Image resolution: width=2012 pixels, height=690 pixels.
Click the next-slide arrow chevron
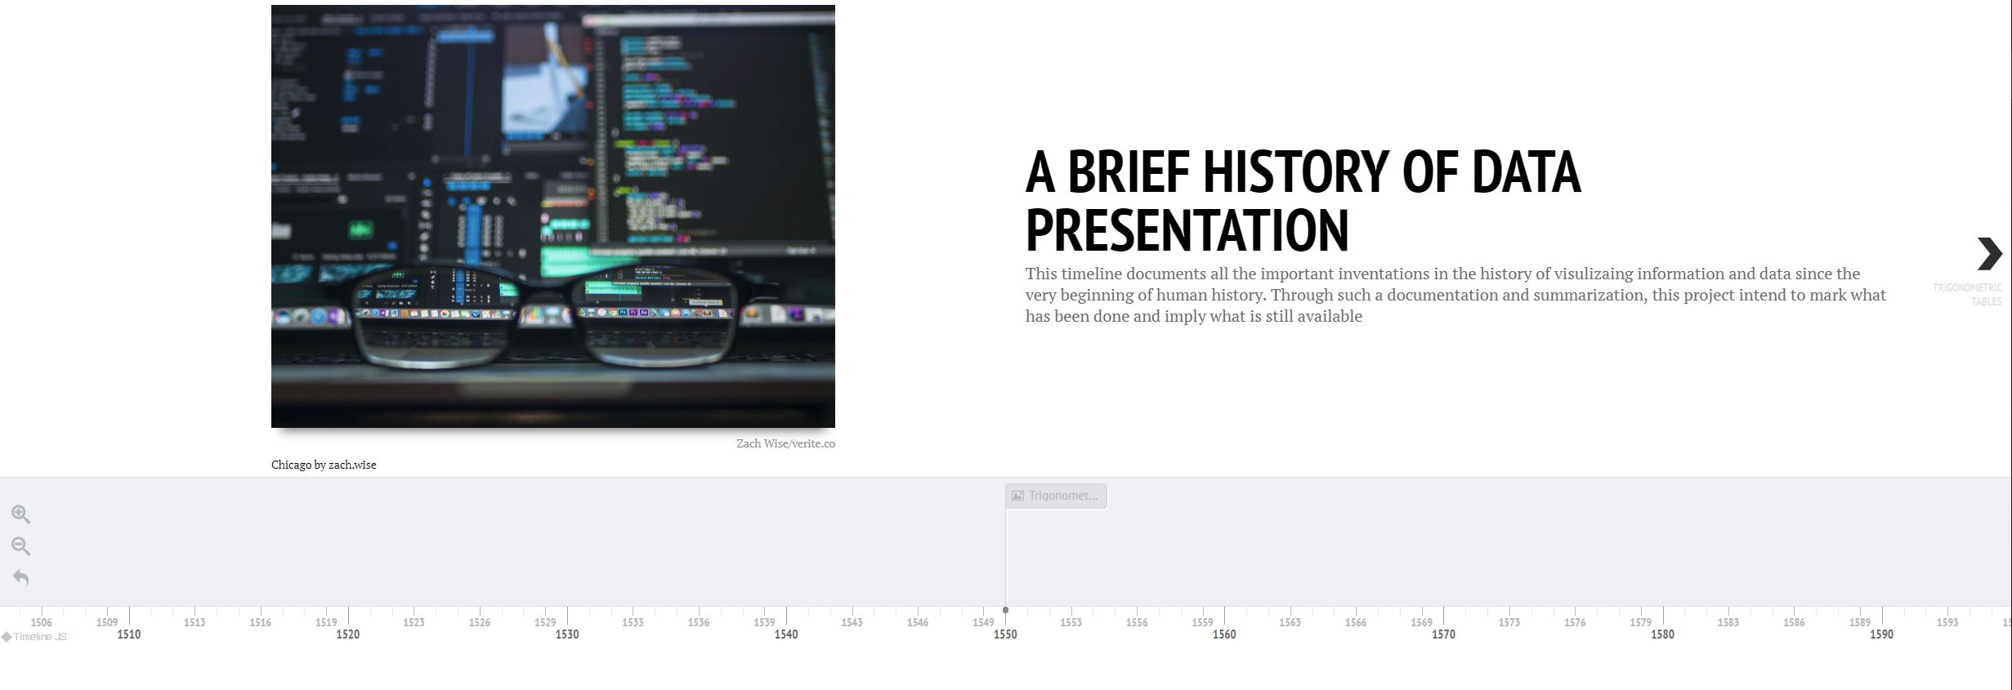(1989, 254)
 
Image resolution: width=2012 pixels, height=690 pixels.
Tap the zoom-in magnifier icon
(20, 514)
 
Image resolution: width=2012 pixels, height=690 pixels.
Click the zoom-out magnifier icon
(20, 545)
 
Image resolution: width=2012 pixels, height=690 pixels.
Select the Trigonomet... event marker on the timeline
(1056, 496)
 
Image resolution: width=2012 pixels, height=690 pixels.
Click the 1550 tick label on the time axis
(1005, 634)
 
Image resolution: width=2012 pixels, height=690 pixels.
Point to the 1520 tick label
(347, 634)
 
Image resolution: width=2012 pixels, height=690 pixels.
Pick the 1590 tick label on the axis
(1881, 634)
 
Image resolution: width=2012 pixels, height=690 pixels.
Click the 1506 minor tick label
(41, 622)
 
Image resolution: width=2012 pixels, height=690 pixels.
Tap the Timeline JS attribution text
(39, 637)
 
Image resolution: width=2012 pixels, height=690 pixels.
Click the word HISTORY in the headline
(1294, 172)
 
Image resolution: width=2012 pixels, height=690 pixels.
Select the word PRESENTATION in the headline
(1187, 231)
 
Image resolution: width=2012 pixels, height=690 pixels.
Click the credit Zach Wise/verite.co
(785, 443)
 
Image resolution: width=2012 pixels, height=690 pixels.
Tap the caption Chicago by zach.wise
(324, 465)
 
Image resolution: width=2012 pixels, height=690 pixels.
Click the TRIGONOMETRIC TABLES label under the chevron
(1968, 294)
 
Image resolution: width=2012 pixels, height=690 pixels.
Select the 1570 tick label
(1443, 634)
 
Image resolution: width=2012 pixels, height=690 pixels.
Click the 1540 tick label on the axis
(786, 634)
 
